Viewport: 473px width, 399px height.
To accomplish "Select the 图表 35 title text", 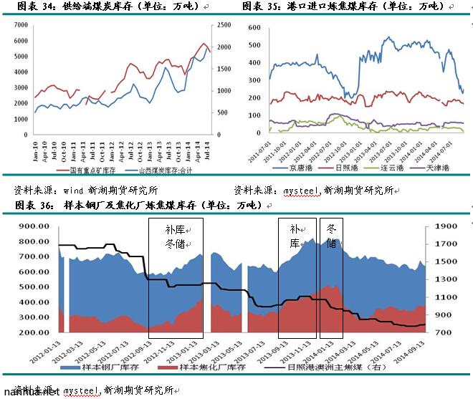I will [x=343, y=6].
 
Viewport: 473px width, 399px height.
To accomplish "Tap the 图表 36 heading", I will [x=136, y=206].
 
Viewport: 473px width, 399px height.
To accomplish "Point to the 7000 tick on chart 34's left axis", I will [x=21, y=24].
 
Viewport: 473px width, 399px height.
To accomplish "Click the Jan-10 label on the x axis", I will [x=34, y=148].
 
